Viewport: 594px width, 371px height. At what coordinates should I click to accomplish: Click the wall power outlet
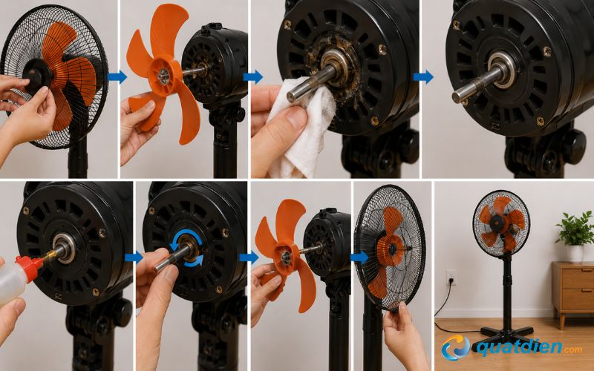pyautogui.click(x=451, y=278)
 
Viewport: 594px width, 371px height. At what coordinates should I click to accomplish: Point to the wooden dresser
pyautogui.click(x=572, y=292)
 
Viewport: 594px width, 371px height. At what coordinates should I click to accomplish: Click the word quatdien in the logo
pyautogui.click(x=517, y=346)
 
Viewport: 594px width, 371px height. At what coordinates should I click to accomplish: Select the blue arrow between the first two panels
pyautogui.click(x=117, y=76)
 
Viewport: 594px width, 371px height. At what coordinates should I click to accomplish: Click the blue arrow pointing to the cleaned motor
pyautogui.click(x=423, y=77)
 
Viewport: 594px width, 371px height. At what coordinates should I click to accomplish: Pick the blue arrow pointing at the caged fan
pyautogui.click(x=359, y=257)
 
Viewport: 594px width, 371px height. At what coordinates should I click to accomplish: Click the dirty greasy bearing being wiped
pyautogui.click(x=336, y=62)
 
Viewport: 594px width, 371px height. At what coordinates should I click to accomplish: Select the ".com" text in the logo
pyautogui.click(x=572, y=349)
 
